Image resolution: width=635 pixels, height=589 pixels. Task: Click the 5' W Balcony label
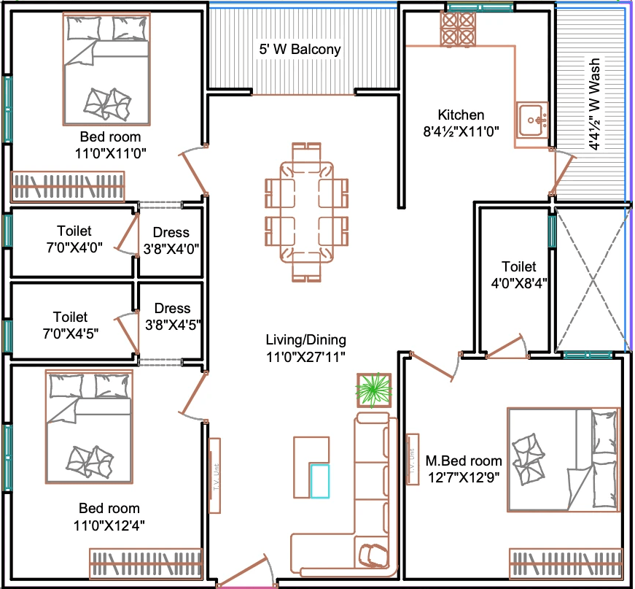pos(300,49)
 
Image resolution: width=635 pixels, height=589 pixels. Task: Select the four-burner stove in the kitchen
pos(458,28)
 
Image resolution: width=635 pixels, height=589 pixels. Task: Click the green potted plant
pos(374,390)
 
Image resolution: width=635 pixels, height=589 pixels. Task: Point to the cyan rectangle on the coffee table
pos(320,481)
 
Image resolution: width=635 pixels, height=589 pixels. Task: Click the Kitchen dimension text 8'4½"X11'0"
pos(461,131)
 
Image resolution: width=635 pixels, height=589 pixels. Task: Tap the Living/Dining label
pos(305,339)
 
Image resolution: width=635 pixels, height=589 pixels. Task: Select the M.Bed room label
pos(464,461)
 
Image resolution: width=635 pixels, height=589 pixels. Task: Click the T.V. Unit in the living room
pos(214,475)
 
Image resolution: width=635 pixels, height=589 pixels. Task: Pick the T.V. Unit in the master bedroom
pos(412,459)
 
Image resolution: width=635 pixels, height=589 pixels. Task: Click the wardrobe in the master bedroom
pos(565,563)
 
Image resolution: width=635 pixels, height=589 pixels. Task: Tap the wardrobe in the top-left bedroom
pos(68,186)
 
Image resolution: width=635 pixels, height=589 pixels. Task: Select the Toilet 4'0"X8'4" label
pos(519,274)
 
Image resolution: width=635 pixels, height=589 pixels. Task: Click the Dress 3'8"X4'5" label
pos(173,316)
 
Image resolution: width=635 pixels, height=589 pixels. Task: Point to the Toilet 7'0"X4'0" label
pos(74,239)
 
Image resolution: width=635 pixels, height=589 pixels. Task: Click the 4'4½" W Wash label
pos(594,104)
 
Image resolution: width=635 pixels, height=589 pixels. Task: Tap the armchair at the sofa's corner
pos(372,555)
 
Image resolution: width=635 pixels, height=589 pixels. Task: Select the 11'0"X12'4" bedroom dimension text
pos(109,526)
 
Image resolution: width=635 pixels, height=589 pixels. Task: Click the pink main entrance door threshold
pos(247,586)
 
